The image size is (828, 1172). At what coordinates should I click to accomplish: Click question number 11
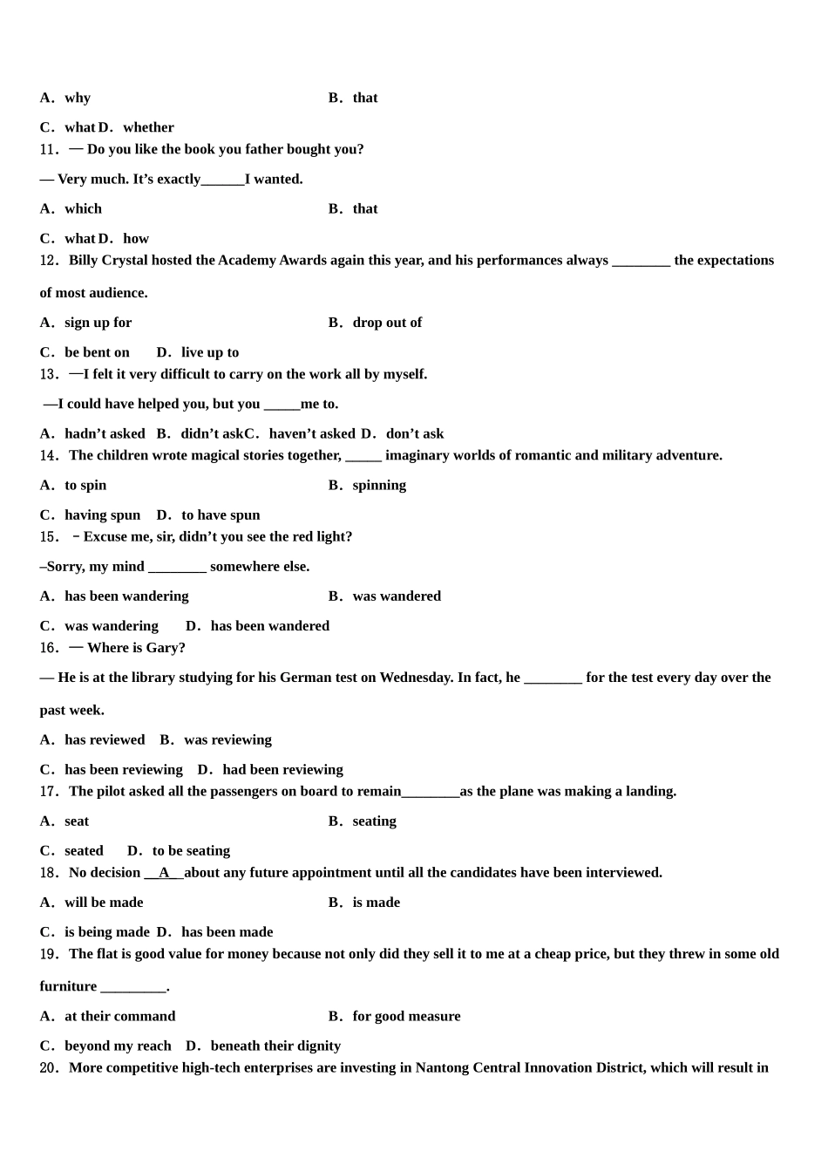tap(49, 149)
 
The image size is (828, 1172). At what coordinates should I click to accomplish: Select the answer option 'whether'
tap(148, 127)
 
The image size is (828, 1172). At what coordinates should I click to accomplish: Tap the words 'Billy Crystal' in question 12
tap(108, 260)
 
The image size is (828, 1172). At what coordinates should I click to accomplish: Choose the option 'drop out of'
tap(387, 323)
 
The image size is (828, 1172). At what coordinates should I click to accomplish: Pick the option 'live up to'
tap(209, 352)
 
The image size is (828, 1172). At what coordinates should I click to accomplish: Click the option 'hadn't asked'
tap(105, 433)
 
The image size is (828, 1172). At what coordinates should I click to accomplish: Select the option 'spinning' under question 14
tap(379, 485)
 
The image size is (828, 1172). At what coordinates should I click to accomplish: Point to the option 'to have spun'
tap(221, 514)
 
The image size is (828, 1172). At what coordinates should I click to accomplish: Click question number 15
tap(49, 536)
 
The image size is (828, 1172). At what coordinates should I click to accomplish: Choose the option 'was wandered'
tap(397, 596)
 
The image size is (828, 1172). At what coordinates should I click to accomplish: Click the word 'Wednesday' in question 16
tap(414, 677)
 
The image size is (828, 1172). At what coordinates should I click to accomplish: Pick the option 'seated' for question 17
tap(84, 850)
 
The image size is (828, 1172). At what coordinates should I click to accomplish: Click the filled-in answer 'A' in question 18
tap(164, 872)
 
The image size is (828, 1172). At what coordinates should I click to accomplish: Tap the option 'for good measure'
tap(406, 1016)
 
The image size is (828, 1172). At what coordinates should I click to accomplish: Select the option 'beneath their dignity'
tap(275, 1046)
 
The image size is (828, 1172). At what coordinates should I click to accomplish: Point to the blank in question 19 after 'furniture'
tap(133, 986)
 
